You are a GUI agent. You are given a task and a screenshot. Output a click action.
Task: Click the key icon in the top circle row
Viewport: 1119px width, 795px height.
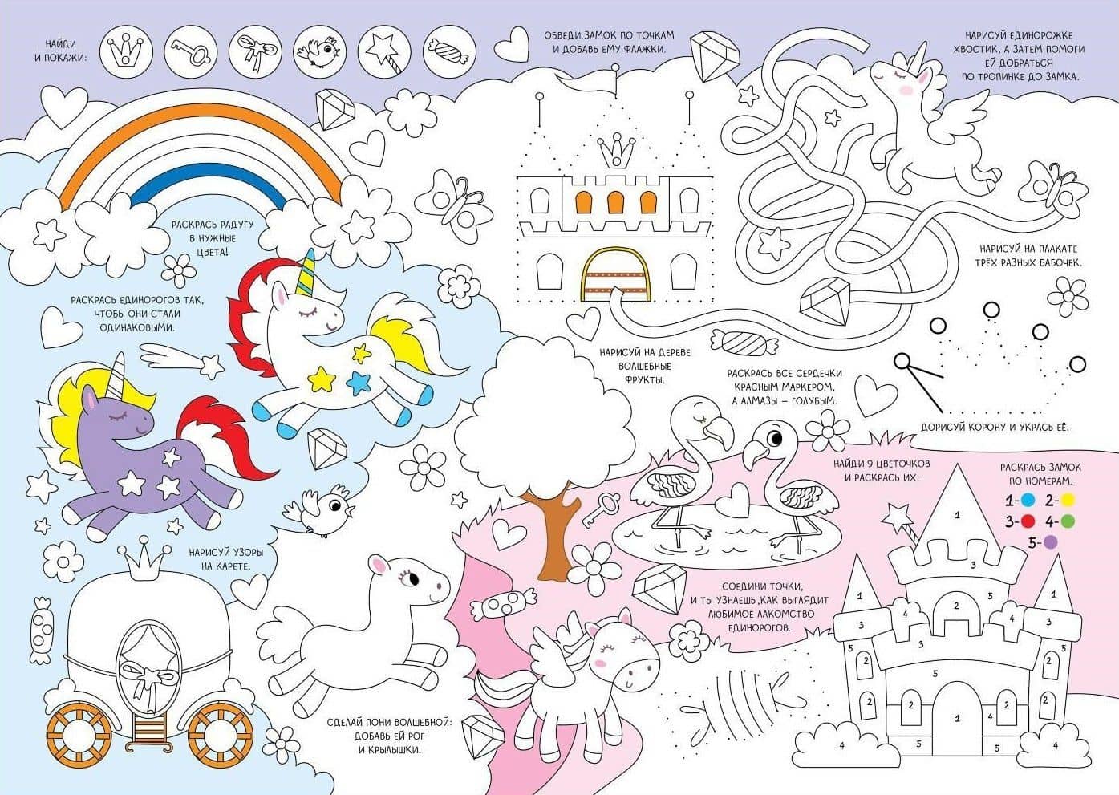tap(190, 52)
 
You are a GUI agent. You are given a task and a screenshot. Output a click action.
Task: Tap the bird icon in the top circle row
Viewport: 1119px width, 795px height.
tap(320, 53)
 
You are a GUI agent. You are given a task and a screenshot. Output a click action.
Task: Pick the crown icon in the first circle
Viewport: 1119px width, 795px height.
tap(126, 51)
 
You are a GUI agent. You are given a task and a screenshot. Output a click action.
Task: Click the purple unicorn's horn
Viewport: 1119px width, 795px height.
tap(118, 375)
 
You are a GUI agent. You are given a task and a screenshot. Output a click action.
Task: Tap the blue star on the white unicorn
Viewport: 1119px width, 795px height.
tap(359, 383)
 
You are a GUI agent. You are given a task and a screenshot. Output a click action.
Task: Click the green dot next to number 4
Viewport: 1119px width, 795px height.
tap(1066, 521)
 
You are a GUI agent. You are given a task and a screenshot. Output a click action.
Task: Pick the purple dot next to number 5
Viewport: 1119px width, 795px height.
tap(1051, 542)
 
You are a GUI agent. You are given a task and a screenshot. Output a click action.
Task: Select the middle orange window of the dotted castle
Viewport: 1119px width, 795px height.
tap(615, 202)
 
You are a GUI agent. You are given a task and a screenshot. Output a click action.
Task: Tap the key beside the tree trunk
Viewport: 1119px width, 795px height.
tap(601, 509)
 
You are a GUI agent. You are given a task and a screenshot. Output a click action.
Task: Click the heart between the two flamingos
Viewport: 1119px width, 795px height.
tap(732, 501)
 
